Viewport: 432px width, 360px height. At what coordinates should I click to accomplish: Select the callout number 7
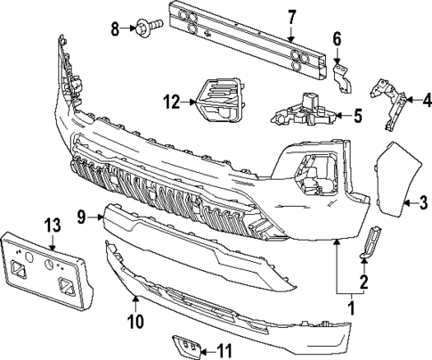(x=291, y=15)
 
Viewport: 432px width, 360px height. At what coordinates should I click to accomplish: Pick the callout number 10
(x=135, y=319)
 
